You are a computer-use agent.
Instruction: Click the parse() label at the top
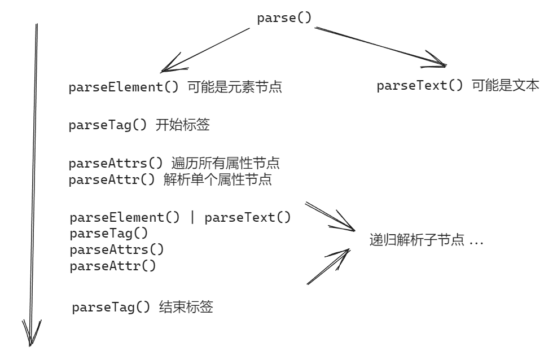coord(284,17)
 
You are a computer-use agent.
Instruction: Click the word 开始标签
coord(182,126)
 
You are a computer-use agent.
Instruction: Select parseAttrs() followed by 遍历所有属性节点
coord(174,165)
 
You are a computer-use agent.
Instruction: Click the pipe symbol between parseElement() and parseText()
coord(192,218)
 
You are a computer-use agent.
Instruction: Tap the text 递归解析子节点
coord(416,241)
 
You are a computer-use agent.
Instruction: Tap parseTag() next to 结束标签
coord(111,308)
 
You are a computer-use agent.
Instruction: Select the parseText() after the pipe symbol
coord(248,218)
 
